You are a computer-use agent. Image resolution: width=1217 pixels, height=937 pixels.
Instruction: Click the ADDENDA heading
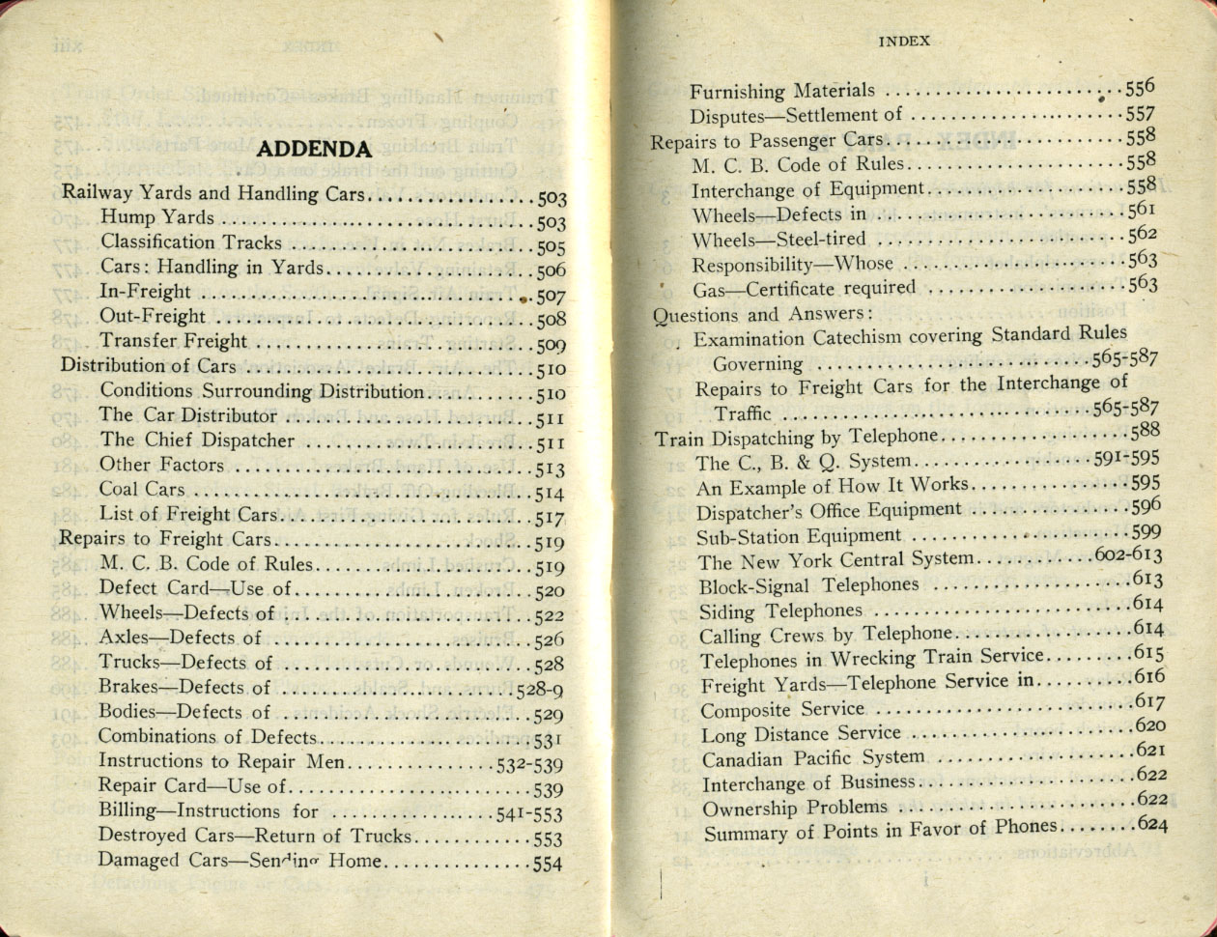pyautogui.click(x=315, y=149)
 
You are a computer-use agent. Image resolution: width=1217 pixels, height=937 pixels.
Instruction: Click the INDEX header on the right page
pyautogui.click(x=904, y=41)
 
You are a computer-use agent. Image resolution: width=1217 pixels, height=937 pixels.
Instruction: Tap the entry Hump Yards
pyautogui.click(x=157, y=218)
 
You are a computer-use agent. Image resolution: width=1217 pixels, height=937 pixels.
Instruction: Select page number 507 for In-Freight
pyautogui.click(x=550, y=296)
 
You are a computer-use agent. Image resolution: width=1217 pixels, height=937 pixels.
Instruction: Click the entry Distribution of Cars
pyautogui.click(x=149, y=366)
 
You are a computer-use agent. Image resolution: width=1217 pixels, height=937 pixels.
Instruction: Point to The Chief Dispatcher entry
pyautogui.click(x=197, y=440)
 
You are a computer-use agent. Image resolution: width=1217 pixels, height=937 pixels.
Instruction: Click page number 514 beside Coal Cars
pyautogui.click(x=550, y=493)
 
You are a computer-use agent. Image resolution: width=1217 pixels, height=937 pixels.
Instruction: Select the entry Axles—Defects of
pyautogui.click(x=181, y=638)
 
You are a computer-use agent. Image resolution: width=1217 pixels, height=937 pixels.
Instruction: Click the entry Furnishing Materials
pyautogui.click(x=782, y=92)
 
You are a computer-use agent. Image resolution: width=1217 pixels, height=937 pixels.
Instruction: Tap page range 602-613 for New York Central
pyautogui.click(x=1128, y=556)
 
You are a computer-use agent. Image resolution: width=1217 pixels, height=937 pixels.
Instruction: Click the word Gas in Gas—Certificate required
pyautogui.click(x=707, y=289)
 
